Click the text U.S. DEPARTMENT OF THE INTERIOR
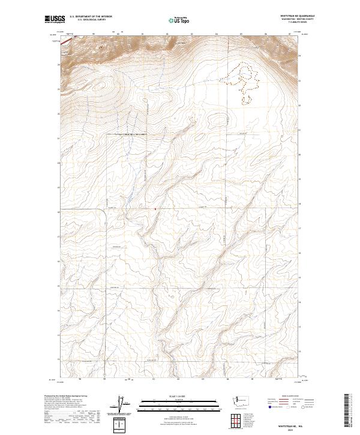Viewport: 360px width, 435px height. click(x=88, y=17)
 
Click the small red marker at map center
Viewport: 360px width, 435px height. click(x=155, y=209)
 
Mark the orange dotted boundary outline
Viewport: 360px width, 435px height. click(x=242, y=81)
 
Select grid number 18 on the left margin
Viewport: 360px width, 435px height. click(x=58, y=212)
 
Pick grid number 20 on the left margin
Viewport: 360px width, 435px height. click(x=58, y=163)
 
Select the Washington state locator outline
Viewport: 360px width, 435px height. click(x=242, y=400)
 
